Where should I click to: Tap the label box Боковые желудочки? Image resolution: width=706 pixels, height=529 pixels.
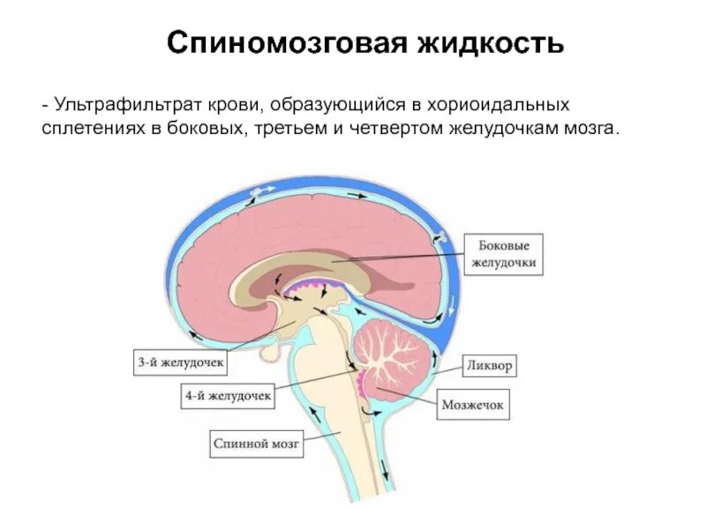click(503, 255)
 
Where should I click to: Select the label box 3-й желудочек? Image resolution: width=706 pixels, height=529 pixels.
click(182, 361)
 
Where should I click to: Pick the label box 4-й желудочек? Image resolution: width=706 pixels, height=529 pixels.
click(228, 397)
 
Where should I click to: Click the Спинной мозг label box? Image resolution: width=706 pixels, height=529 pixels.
click(257, 444)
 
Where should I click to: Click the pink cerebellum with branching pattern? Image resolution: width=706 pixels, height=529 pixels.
click(396, 357)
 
